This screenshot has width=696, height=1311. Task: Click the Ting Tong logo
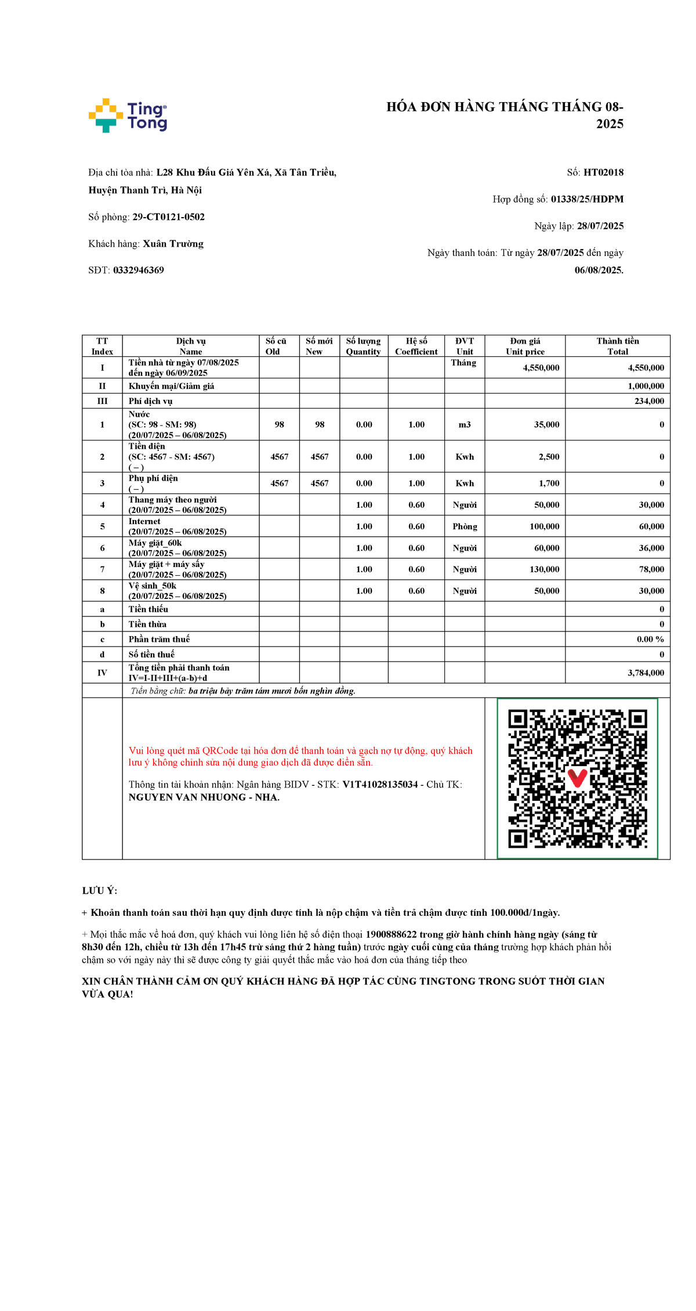click(x=128, y=115)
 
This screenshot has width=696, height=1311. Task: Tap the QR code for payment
click(x=577, y=778)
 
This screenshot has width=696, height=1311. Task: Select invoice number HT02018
click(x=603, y=172)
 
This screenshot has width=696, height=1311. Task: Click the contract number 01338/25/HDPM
click(x=587, y=199)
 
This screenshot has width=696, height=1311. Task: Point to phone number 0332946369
click(x=139, y=270)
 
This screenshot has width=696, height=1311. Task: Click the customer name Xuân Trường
click(x=173, y=244)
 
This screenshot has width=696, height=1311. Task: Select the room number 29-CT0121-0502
click(x=168, y=217)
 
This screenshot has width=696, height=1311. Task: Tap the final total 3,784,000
click(x=646, y=673)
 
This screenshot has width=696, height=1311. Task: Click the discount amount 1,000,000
click(x=646, y=386)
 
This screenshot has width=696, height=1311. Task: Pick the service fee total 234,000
click(x=649, y=401)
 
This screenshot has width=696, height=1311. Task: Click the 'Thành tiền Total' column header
click(x=618, y=346)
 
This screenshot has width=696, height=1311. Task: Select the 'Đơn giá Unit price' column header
click(x=525, y=346)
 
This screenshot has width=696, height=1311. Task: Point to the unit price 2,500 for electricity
click(x=549, y=457)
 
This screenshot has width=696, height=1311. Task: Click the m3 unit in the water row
click(x=465, y=425)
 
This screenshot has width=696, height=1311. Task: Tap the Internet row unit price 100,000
click(x=544, y=526)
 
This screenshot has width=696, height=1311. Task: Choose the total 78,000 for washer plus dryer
click(x=651, y=569)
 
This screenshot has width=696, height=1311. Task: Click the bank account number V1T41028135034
click(x=380, y=785)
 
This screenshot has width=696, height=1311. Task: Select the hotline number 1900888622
click(x=391, y=934)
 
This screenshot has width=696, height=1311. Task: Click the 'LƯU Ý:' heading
click(x=99, y=891)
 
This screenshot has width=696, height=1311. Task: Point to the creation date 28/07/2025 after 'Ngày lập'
click(x=600, y=226)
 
